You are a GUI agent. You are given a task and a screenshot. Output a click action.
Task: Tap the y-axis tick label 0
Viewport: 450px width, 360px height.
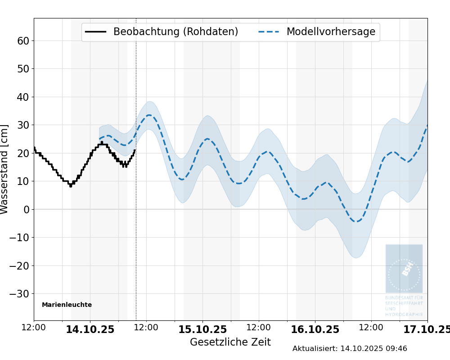point(26,209)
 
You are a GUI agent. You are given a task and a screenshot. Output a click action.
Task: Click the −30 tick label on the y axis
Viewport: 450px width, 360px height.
point(19,294)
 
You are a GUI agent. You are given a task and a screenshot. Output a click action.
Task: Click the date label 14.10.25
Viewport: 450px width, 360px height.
point(90,329)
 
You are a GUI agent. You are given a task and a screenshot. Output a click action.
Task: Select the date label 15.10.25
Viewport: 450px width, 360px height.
point(202,329)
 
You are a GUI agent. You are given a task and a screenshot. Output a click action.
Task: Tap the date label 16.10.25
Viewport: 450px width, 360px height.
point(315,329)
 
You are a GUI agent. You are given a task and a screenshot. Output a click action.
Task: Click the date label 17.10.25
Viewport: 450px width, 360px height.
point(425,329)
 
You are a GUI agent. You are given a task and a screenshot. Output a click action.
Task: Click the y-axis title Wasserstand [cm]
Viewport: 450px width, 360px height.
point(5,169)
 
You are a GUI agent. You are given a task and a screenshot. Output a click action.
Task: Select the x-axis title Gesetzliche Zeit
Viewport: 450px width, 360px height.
point(230,342)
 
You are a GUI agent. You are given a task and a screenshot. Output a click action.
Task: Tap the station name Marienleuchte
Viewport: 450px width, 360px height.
point(67,305)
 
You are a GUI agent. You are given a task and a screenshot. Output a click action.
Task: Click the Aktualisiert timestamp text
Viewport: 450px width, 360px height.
point(350,349)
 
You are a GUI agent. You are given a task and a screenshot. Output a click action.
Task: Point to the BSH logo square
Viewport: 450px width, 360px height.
point(404,269)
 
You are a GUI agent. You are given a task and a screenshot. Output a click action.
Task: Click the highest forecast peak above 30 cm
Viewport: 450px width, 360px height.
point(149,115)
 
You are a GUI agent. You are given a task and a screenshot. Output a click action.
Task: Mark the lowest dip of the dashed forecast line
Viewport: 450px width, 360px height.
point(356,221)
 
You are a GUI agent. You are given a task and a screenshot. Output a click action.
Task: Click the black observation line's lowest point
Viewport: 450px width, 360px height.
point(70,185)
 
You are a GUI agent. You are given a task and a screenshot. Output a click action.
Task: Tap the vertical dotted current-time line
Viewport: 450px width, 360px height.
point(136,225)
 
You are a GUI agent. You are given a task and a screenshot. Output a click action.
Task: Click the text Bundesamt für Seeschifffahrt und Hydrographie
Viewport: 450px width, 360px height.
point(404,306)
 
